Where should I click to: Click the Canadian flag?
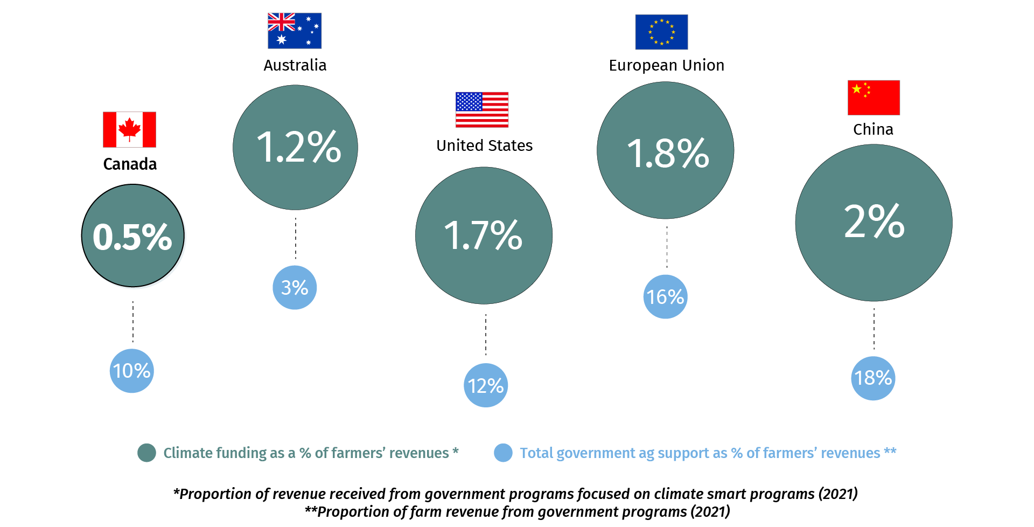point(129,129)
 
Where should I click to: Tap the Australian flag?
point(295,31)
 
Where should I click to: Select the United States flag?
point(482,109)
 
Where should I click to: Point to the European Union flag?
point(661,32)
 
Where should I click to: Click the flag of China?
point(874,98)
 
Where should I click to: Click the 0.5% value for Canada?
point(132,236)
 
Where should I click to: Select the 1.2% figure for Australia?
point(298,147)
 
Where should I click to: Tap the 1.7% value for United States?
point(483,235)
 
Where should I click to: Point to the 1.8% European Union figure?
point(668,152)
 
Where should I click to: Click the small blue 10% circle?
point(132,371)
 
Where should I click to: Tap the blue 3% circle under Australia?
point(295,287)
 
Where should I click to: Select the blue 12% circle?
point(486,385)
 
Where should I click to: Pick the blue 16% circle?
point(666,296)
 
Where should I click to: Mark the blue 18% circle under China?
point(873,378)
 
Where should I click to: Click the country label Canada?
point(130,164)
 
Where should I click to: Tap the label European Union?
point(666,65)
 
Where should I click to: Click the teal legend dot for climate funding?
point(146,453)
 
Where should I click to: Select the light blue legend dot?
point(503,453)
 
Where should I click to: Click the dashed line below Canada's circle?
point(133,322)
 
